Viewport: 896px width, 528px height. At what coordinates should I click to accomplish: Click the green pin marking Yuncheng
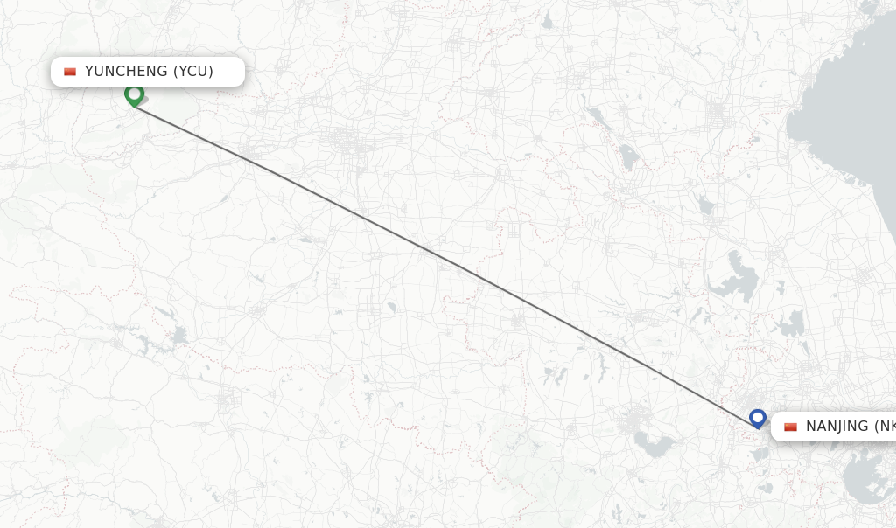(134, 94)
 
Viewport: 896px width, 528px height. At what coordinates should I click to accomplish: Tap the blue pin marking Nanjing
(758, 419)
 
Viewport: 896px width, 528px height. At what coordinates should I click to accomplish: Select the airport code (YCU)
(193, 72)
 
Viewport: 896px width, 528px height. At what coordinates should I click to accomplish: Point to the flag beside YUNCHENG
(70, 72)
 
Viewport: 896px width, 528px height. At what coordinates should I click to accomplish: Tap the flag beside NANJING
(790, 427)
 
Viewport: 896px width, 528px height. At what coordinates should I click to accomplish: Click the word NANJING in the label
(837, 427)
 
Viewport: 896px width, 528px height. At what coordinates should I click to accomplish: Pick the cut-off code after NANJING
(885, 427)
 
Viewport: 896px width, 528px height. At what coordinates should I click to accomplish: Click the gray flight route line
(437, 254)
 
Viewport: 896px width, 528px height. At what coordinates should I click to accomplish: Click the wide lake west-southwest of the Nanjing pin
(654, 447)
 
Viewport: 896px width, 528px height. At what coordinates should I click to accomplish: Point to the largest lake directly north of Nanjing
(733, 278)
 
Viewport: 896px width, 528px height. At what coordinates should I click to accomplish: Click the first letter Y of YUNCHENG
(89, 72)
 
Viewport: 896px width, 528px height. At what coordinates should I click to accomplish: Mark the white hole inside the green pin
(134, 92)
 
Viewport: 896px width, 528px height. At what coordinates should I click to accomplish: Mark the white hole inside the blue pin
(758, 416)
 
